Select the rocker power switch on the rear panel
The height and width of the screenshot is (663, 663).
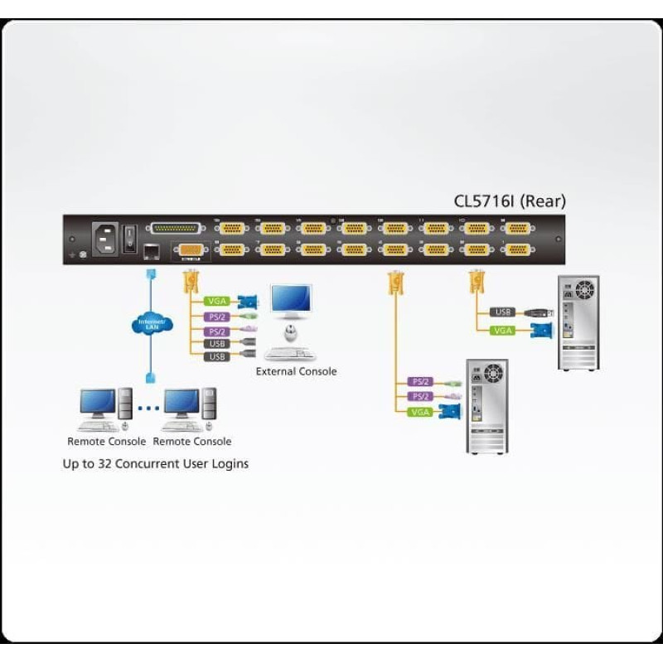click(131, 239)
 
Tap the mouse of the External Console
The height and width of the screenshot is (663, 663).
click(290, 333)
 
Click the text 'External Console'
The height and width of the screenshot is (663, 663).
click(296, 371)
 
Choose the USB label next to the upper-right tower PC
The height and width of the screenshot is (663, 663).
click(501, 312)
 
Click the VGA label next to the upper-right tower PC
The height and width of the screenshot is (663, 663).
click(501, 330)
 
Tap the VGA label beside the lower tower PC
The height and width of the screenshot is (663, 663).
click(421, 411)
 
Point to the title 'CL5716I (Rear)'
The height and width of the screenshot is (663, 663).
click(510, 201)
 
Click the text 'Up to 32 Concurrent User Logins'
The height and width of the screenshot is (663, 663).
click(156, 463)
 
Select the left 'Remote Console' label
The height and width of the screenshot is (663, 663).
click(106, 442)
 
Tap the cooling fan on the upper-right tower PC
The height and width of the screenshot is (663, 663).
click(585, 290)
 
